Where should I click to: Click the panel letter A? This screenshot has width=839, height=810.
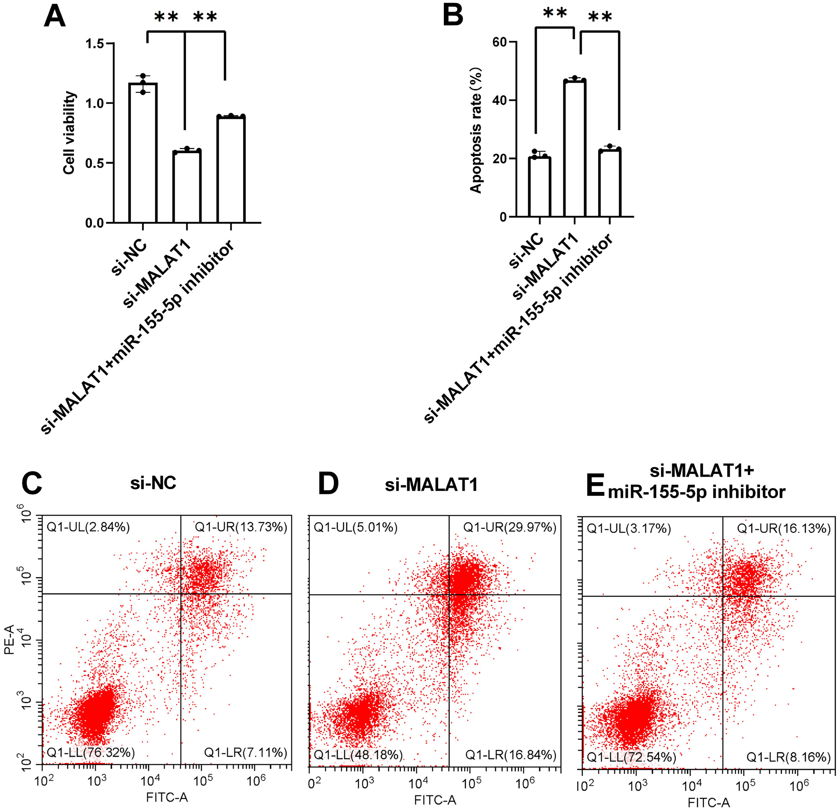55,16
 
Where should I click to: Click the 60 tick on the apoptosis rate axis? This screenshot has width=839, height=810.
499,42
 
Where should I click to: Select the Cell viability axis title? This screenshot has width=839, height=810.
69,133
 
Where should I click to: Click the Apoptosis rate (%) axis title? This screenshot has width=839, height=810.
476,131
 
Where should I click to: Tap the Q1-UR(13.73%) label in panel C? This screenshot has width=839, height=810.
241,527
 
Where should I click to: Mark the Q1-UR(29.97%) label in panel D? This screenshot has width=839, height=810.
510,527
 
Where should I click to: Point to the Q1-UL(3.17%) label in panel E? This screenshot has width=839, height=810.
628,529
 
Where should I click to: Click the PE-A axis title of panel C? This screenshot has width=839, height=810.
9,639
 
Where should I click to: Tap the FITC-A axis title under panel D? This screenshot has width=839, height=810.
435,800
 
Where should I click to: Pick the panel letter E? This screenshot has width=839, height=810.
595,486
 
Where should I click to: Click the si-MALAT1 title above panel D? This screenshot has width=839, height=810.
431,485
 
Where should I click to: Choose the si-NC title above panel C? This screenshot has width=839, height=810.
153,483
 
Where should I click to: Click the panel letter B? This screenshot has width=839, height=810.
453,16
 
